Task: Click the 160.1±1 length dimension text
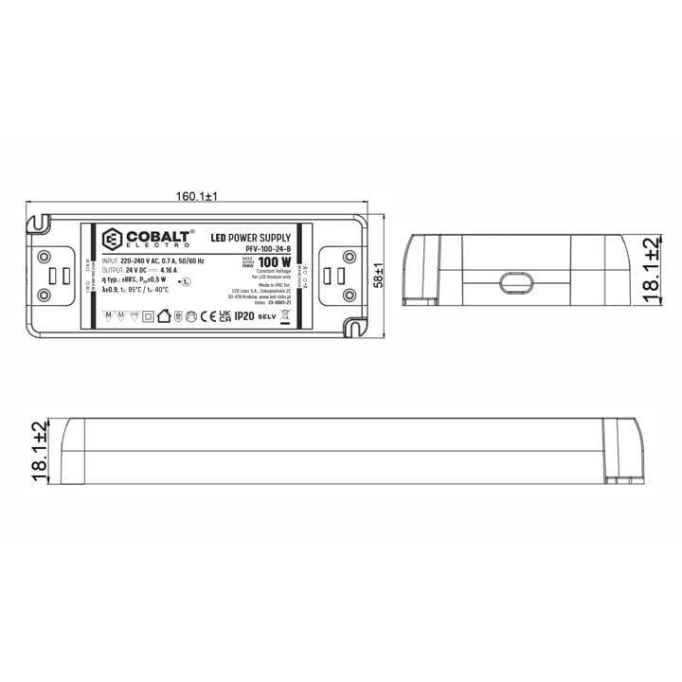coord(197,197)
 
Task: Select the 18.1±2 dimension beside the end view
coord(651,270)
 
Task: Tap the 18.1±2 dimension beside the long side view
coord(39,453)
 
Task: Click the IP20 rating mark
coord(244,316)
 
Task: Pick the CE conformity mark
coord(207,316)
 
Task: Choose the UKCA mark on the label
coord(224,316)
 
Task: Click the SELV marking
coord(266,317)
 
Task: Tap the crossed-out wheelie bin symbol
coord(286,316)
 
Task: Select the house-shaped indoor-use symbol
coord(162,316)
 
